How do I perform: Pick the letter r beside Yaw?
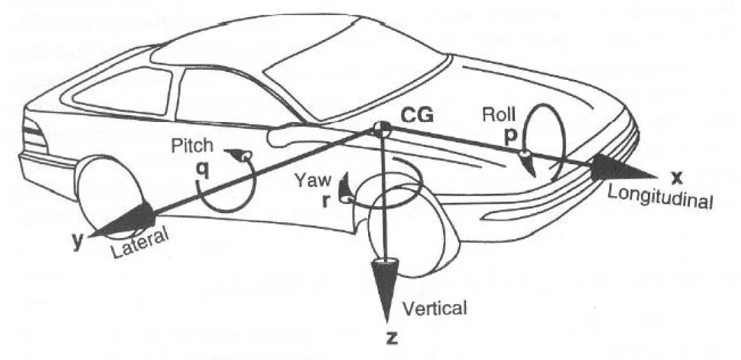click(x=326, y=200)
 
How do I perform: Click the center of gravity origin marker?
click(x=381, y=128)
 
